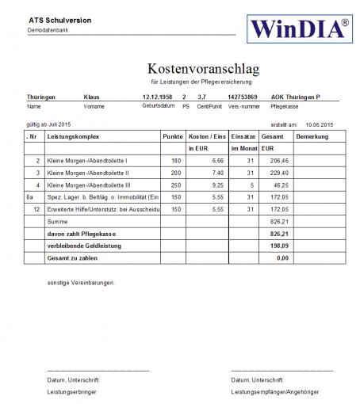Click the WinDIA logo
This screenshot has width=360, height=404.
point(300,29)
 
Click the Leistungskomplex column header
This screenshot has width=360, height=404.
point(72,136)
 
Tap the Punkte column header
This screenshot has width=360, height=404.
point(172,136)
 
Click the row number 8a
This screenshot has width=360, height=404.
point(31,196)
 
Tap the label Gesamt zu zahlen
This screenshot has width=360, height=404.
point(74,257)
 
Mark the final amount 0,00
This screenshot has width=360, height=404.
point(282,257)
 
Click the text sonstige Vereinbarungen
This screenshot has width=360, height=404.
point(81,282)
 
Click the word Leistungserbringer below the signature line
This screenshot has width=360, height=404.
point(71,391)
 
